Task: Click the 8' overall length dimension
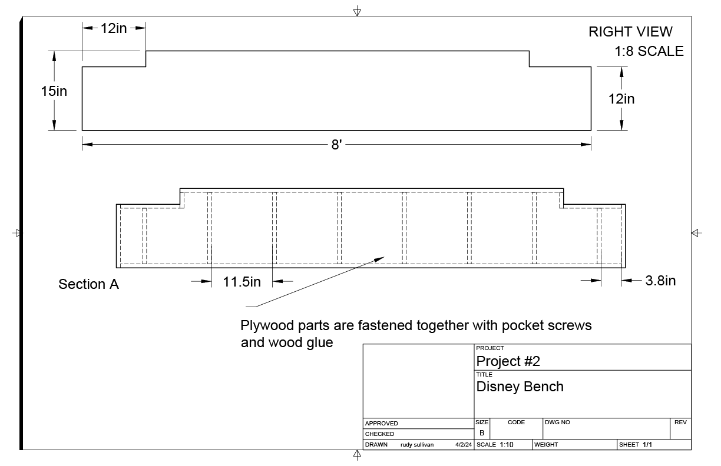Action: [336, 144]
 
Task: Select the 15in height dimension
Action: [54, 91]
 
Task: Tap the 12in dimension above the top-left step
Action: [114, 28]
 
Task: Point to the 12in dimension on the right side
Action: [621, 99]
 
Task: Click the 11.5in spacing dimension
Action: [242, 282]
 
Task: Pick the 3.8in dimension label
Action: [660, 281]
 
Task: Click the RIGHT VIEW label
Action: [630, 32]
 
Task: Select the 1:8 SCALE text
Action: [649, 51]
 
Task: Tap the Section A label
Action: [88, 285]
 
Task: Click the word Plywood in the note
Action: [264, 325]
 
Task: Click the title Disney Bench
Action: [520, 387]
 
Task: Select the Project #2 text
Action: [508, 361]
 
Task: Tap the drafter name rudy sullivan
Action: [417, 445]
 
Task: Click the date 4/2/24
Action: [463, 445]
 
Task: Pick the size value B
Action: [481, 433]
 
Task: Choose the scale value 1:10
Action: [507, 445]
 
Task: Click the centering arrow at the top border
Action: [357, 12]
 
